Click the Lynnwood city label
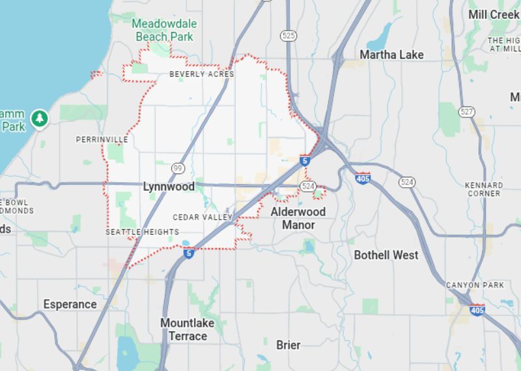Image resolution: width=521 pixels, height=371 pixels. coord(169,186)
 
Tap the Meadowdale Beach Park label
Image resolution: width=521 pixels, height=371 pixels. coord(164,30)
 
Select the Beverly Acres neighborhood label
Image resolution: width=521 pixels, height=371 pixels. coord(201,74)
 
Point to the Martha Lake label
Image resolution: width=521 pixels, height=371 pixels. coord(391,54)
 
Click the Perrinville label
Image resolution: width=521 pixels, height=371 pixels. coord(102,140)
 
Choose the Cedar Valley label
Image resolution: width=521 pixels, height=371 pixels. coord(203,217)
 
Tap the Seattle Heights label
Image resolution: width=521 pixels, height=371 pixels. coord(142,232)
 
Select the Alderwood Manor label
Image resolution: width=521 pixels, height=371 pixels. coord(298,218)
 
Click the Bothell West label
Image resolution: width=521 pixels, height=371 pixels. coord(386,255)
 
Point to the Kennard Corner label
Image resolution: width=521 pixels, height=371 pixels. coord(484,189)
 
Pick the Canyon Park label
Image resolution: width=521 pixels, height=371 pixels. coord(475,286)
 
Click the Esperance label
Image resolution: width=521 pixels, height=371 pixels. coord(70,304)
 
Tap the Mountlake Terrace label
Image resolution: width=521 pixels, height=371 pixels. coord(188,330)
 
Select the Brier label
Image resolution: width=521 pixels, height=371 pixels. coord(289,344)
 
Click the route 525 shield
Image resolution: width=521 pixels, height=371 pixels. coord(289,35)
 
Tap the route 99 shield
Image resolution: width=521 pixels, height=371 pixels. coord(178,169)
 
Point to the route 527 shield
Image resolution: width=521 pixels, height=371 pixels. coord(466,111)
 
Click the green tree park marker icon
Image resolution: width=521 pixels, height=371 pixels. coord(40,118)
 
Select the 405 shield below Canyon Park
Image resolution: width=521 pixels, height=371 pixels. coord(477,310)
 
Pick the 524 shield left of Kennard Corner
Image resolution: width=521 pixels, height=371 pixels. coord(407,182)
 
